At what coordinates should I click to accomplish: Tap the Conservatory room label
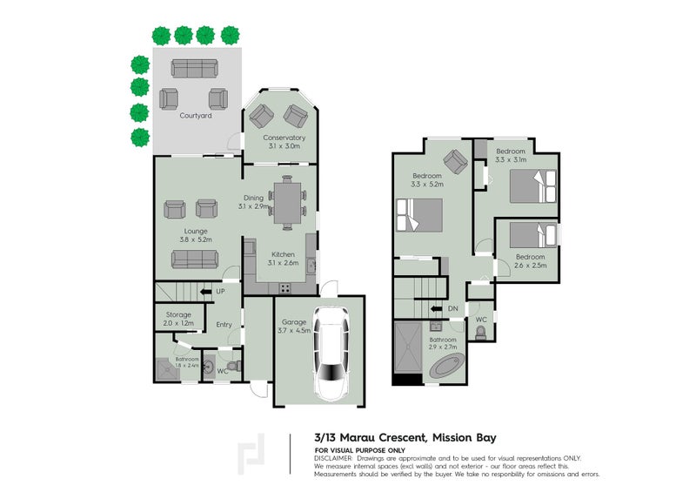point(284,141)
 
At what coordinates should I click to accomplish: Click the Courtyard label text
point(195,115)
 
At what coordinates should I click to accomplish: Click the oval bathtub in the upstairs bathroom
point(447,367)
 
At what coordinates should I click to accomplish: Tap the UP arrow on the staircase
point(206,292)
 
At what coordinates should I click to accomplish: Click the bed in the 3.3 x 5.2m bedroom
point(419,215)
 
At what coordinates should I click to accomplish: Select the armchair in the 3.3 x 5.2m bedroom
point(454,160)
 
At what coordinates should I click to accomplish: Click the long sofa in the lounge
point(195,259)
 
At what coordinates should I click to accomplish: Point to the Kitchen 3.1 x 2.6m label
point(284,259)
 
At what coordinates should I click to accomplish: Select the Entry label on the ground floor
point(224,325)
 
